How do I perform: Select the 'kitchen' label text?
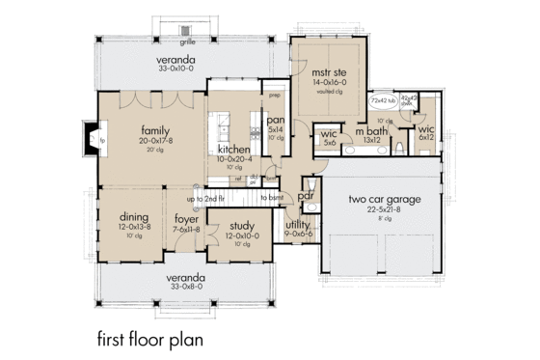pyautogui.click(x=234, y=151)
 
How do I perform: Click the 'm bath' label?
pyautogui.click(x=371, y=131)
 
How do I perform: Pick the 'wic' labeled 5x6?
pyautogui.click(x=329, y=132)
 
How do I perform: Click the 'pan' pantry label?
pyautogui.click(x=274, y=121)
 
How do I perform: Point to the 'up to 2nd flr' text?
pyautogui.click(x=205, y=198)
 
